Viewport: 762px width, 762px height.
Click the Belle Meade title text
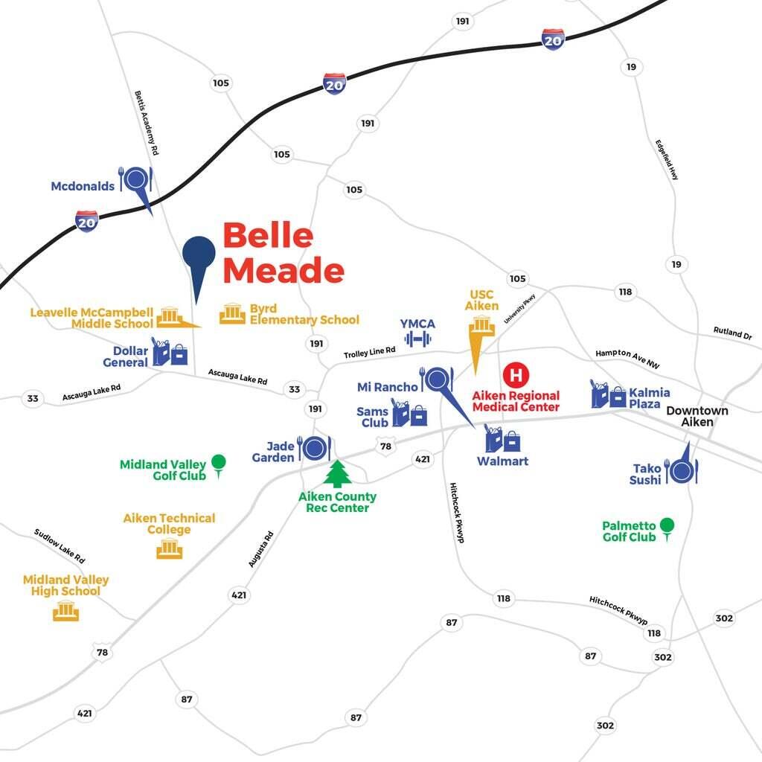click(283, 253)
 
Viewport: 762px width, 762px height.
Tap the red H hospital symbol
click(515, 374)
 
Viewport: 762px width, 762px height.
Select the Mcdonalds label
click(83, 186)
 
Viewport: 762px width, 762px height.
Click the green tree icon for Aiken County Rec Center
click(338, 474)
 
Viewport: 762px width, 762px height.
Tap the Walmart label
click(502, 461)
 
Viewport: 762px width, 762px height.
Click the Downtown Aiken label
click(697, 416)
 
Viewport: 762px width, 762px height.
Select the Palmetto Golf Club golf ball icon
click(667, 526)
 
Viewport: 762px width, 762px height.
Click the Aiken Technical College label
click(169, 524)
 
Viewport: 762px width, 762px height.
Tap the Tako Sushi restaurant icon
click(681, 470)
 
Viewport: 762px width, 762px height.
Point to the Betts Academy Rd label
click(147, 123)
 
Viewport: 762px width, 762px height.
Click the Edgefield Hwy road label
click(667, 159)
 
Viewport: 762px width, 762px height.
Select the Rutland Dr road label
click(732, 333)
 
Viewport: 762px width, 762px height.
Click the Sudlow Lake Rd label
click(60, 545)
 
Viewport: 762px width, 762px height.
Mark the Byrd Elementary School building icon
click(232, 314)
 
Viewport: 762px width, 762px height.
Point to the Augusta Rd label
click(261, 549)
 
